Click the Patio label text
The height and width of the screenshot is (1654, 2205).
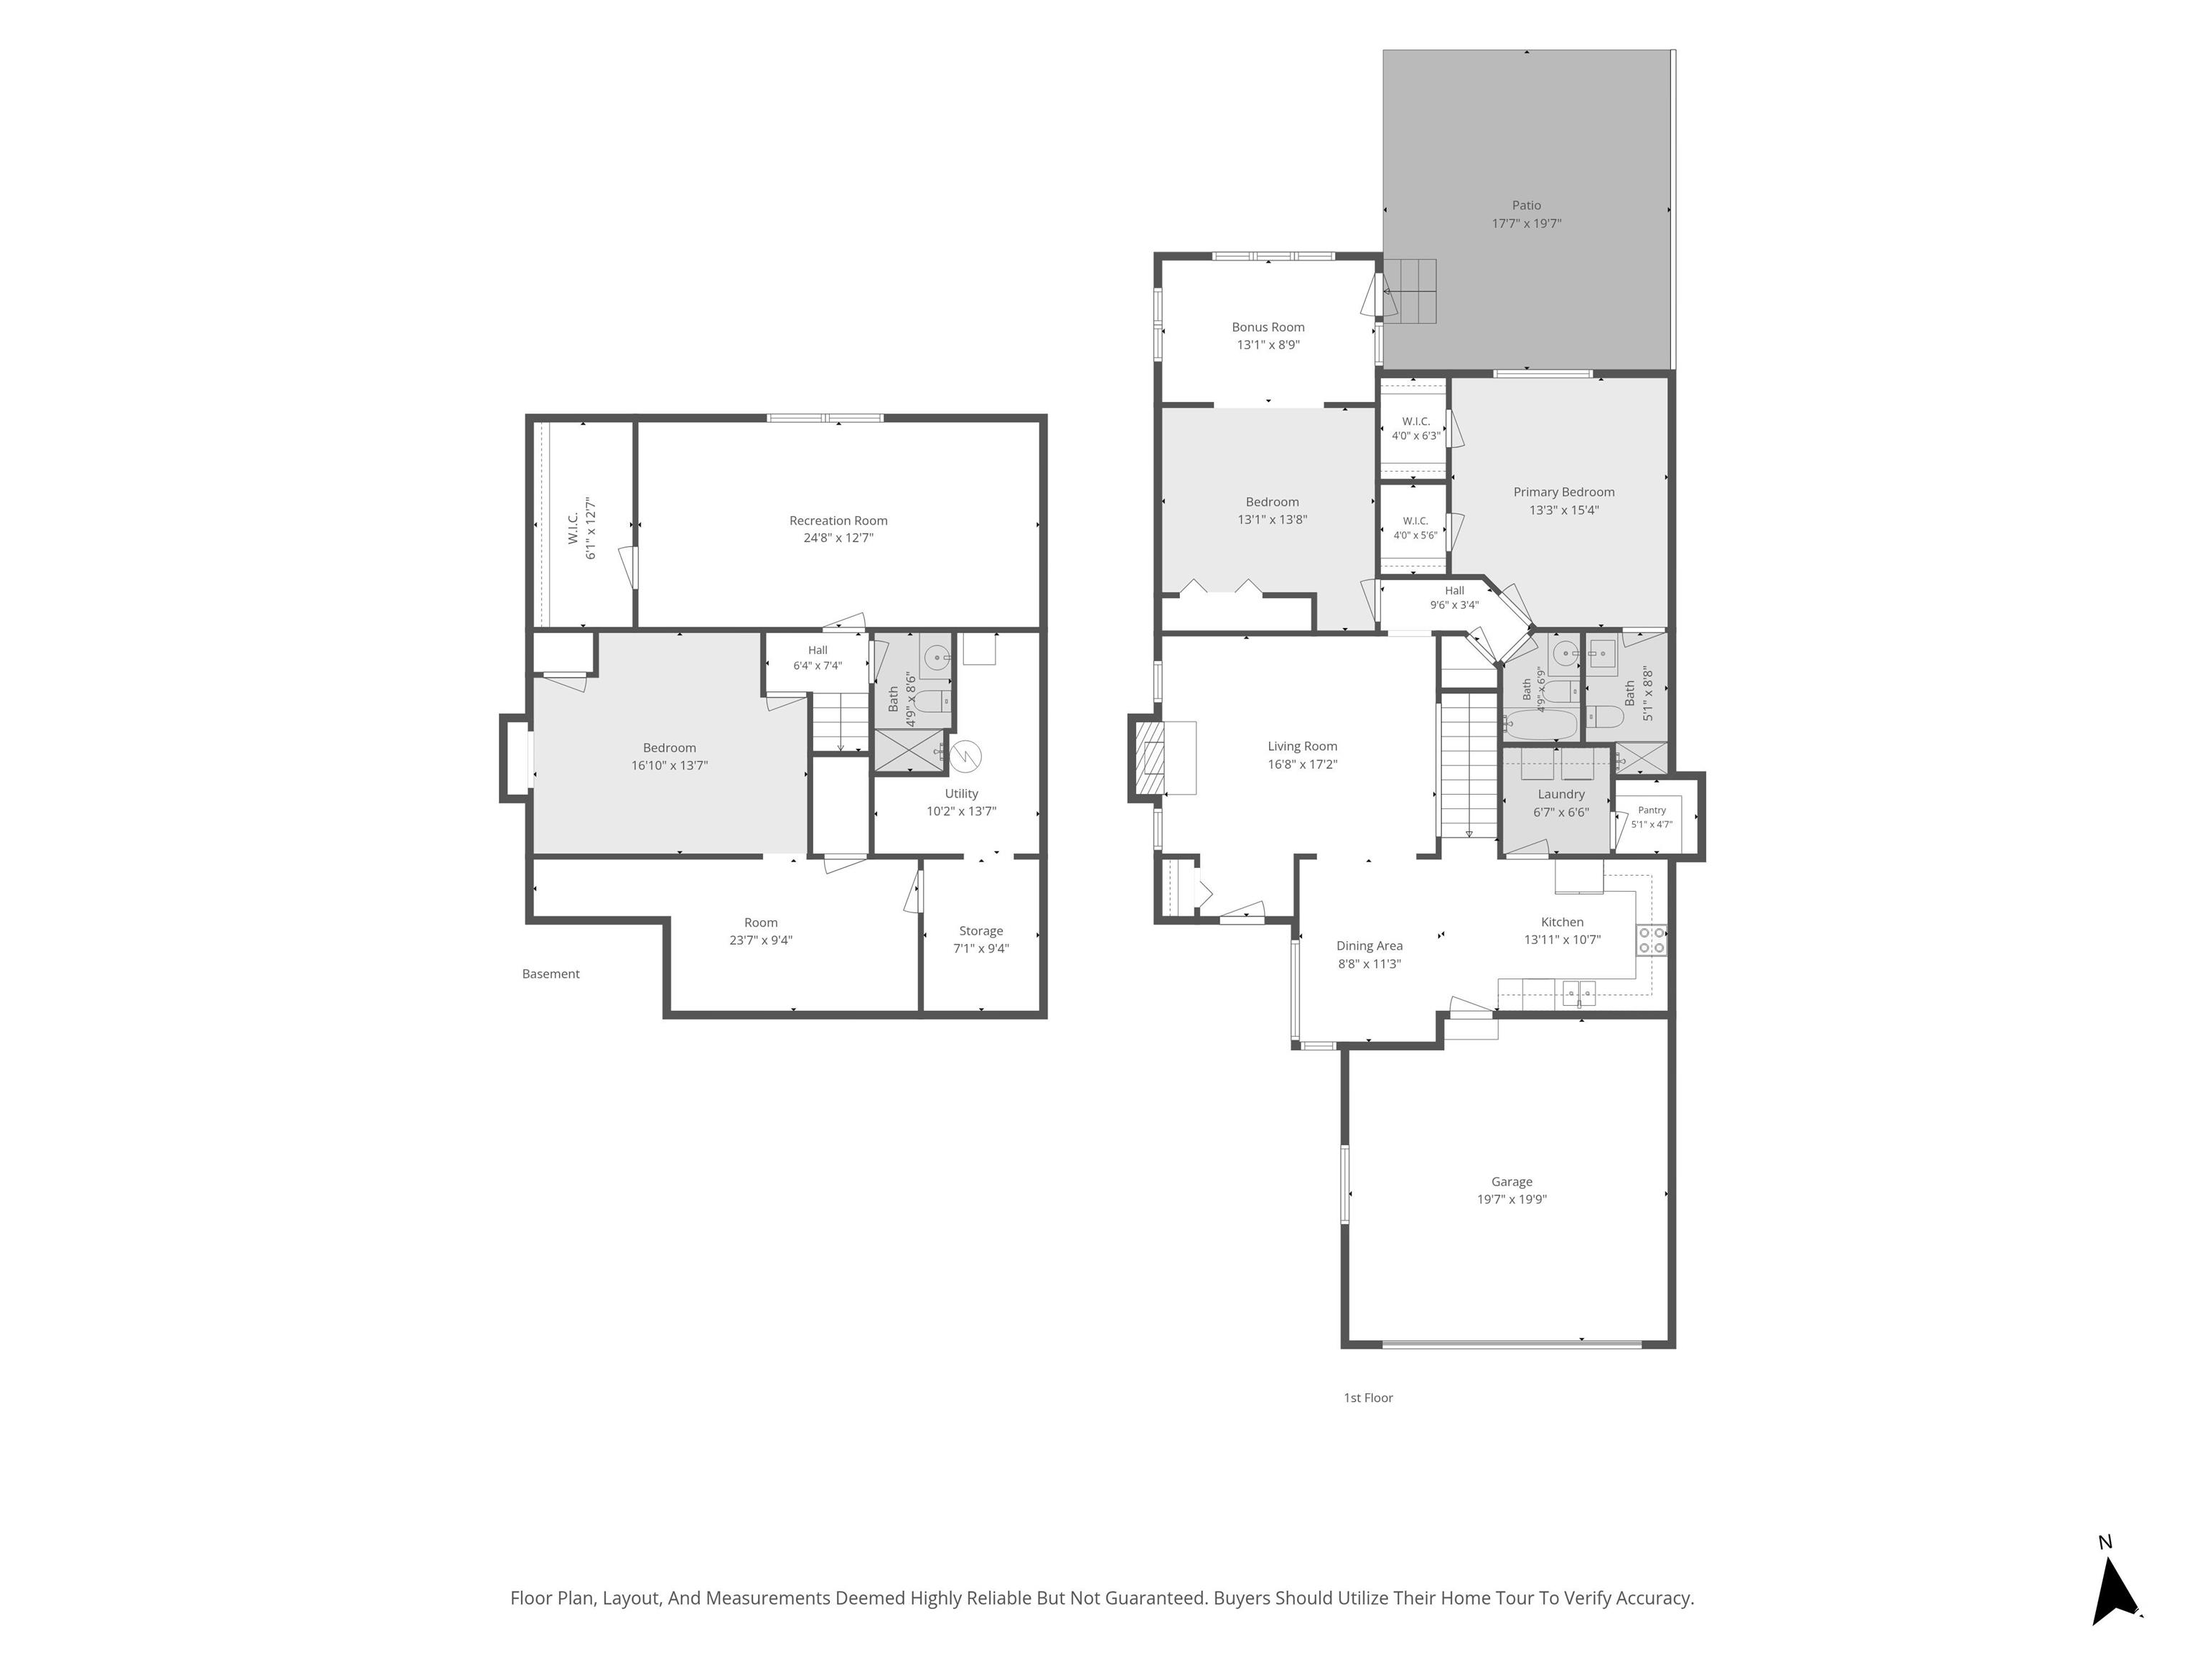click(x=1526, y=205)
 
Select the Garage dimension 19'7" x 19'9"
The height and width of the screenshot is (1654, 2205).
click(x=1512, y=1200)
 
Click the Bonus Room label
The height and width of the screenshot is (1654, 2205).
click(x=1268, y=327)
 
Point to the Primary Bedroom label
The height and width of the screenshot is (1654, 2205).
click(x=1564, y=492)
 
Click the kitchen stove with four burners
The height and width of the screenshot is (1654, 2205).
click(x=1652, y=940)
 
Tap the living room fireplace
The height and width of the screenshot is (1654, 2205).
click(x=1164, y=757)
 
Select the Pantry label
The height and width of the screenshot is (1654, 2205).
click(x=1652, y=810)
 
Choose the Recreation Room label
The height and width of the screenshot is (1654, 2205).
click(x=838, y=520)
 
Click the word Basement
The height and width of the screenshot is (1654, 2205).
click(x=551, y=974)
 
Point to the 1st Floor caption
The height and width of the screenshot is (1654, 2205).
click(x=1369, y=1398)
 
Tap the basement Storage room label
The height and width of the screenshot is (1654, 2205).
click(x=981, y=931)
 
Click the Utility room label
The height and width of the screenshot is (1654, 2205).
click(x=962, y=793)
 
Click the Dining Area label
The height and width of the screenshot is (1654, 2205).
click(x=1370, y=946)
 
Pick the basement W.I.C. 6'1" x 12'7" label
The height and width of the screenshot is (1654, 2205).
click(x=582, y=528)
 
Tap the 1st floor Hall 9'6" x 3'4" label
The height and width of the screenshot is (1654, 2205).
click(x=1454, y=597)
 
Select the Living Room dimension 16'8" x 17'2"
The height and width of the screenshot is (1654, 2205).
click(x=1303, y=765)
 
